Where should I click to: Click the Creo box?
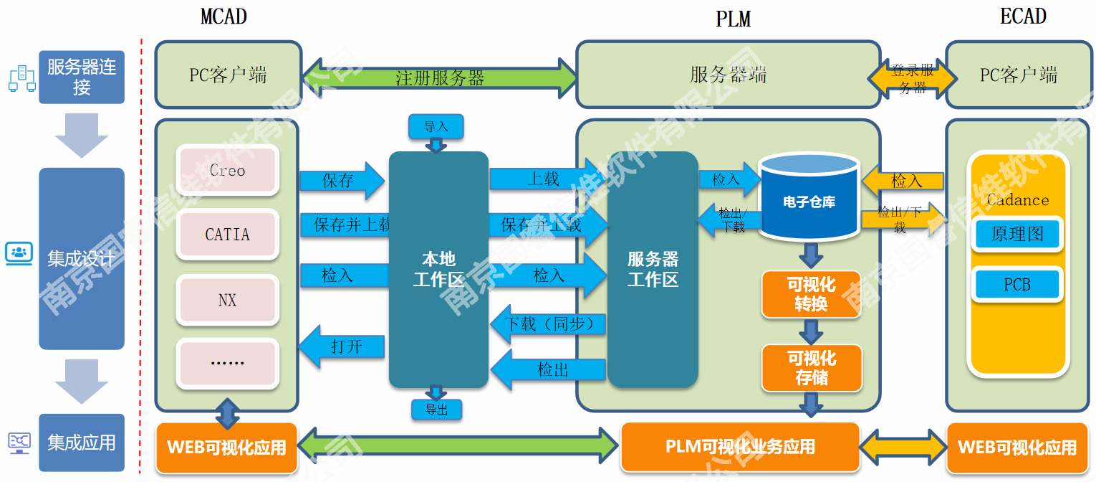coord(227,170)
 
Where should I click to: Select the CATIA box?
coord(227,235)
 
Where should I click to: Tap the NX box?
coord(227,300)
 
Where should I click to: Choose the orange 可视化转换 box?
coord(811,294)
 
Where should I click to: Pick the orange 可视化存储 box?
coord(811,368)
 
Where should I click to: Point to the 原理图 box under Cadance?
coord(1016,234)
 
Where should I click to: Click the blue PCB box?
coord(1016,285)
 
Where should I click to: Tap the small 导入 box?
coord(436,127)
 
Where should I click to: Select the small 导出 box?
coord(436,410)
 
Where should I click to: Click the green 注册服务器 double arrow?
coord(440,77)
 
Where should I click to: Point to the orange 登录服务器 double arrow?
coord(913,78)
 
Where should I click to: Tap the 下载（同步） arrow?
coord(548,324)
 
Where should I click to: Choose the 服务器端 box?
coord(728,75)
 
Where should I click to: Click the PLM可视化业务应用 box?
coord(740,447)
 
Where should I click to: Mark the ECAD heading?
coord(1022,16)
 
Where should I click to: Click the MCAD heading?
coord(223,16)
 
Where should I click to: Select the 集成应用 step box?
coord(82,443)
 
